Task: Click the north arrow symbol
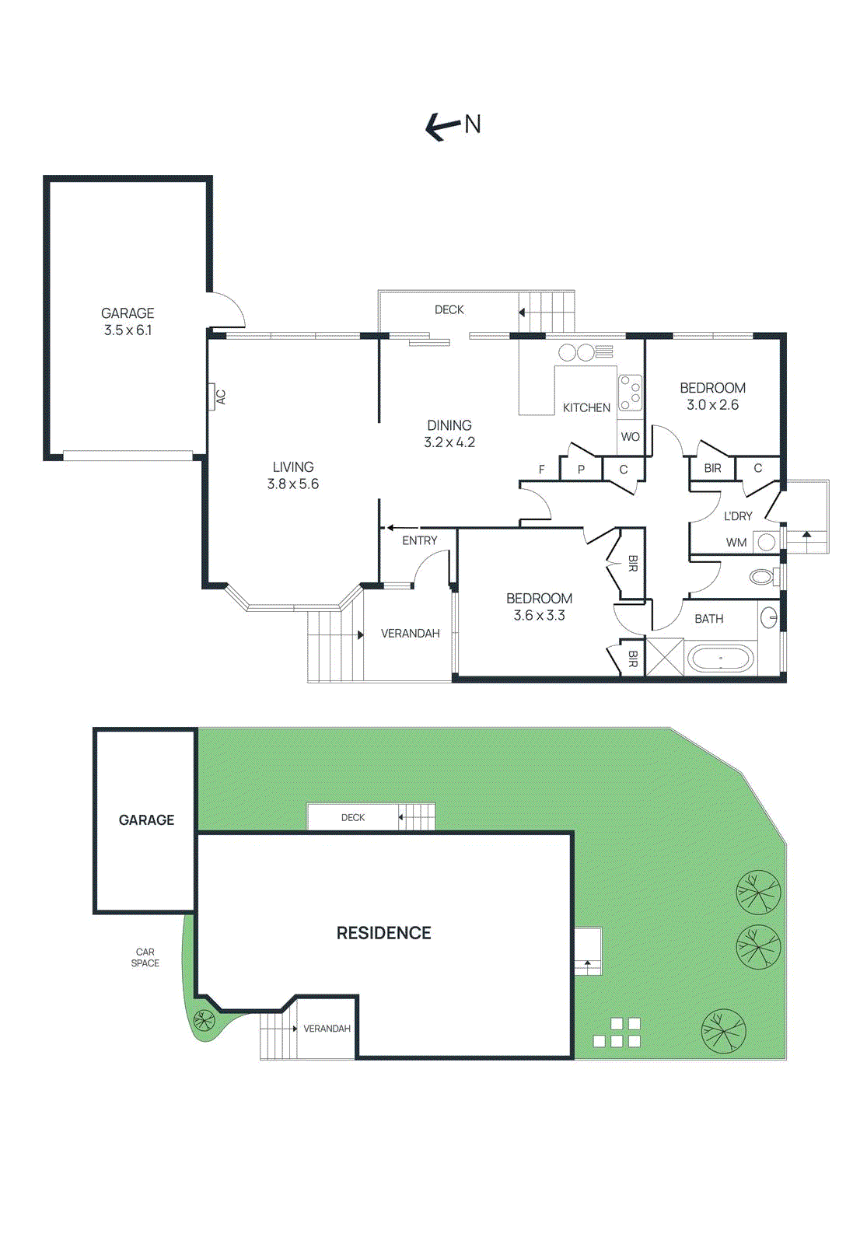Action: (x=442, y=126)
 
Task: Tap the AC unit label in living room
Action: (x=220, y=397)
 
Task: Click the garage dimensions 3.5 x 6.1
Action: (x=128, y=330)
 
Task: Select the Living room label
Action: (x=293, y=466)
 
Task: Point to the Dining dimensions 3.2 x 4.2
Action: (x=449, y=442)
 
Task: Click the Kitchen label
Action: (x=586, y=407)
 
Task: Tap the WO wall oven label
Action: (x=630, y=437)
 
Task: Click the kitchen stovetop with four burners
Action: (x=630, y=393)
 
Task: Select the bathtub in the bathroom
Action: (x=720, y=660)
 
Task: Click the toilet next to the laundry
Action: (x=762, y=577)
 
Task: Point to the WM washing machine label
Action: (x=736, y=543)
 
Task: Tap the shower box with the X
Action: (x=665, y=656)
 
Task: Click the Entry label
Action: (x=420, y=540)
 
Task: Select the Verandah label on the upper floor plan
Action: (x=411, y=634)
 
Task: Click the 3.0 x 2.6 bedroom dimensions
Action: (x=712, y=405)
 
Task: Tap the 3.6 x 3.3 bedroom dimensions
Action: (x=539, y=616)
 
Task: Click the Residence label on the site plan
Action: (x=383, y=933)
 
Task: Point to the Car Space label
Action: (x=145, y=957)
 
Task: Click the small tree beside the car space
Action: (x=205, y=1019)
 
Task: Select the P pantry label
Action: (x=581, y=470)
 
